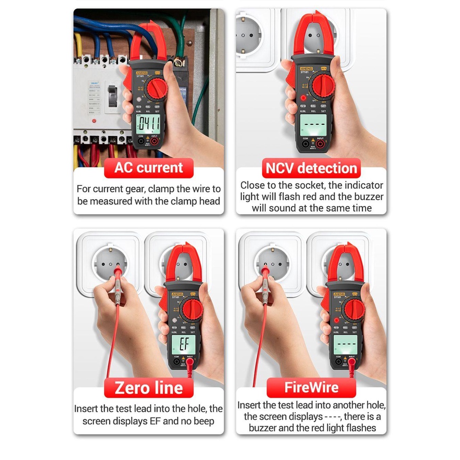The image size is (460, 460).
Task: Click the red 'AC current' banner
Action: (149, 167)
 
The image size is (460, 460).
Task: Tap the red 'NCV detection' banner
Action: (311, 168)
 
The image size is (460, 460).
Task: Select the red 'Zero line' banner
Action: (149, 387)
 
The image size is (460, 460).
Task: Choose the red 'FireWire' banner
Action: (311, 387)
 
